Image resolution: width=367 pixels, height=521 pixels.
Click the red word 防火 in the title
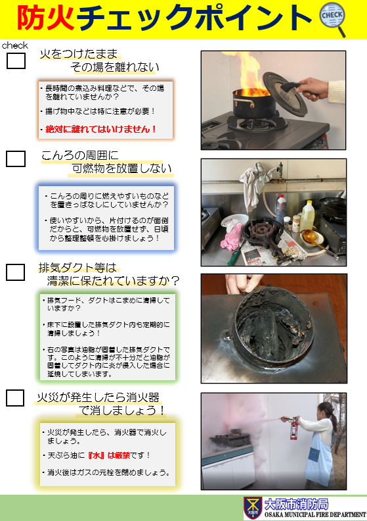(x=46, y=18)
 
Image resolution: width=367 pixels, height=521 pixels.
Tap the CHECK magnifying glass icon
(x=332, y=19)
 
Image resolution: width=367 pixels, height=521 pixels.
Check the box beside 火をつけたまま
(x=16, y=61)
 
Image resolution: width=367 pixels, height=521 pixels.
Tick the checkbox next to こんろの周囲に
(x=16, y=159)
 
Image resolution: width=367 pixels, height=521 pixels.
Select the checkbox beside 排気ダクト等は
(x=15, y=272)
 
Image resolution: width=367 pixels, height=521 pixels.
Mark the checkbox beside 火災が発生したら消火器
(x=15, y=398)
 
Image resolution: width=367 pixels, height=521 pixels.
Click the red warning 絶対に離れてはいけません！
(x=100, y=129)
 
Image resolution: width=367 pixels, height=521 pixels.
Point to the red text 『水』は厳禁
(x=109, y=455)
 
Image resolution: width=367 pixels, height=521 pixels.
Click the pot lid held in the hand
(x=285, y=94)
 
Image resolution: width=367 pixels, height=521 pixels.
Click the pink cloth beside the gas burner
(x=231, y=236)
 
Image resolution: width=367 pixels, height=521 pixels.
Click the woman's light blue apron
(x=318, y=458)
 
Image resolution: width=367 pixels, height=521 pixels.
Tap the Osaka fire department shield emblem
(x=253, y=508)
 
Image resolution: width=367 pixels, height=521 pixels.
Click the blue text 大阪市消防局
(x=296, y=505)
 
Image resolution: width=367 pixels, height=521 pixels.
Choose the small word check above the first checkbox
(x=15, y=45)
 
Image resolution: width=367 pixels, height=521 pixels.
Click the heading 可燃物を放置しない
(x=121, y=169)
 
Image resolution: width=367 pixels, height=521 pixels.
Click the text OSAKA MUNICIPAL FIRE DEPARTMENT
(x=315, y=514)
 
